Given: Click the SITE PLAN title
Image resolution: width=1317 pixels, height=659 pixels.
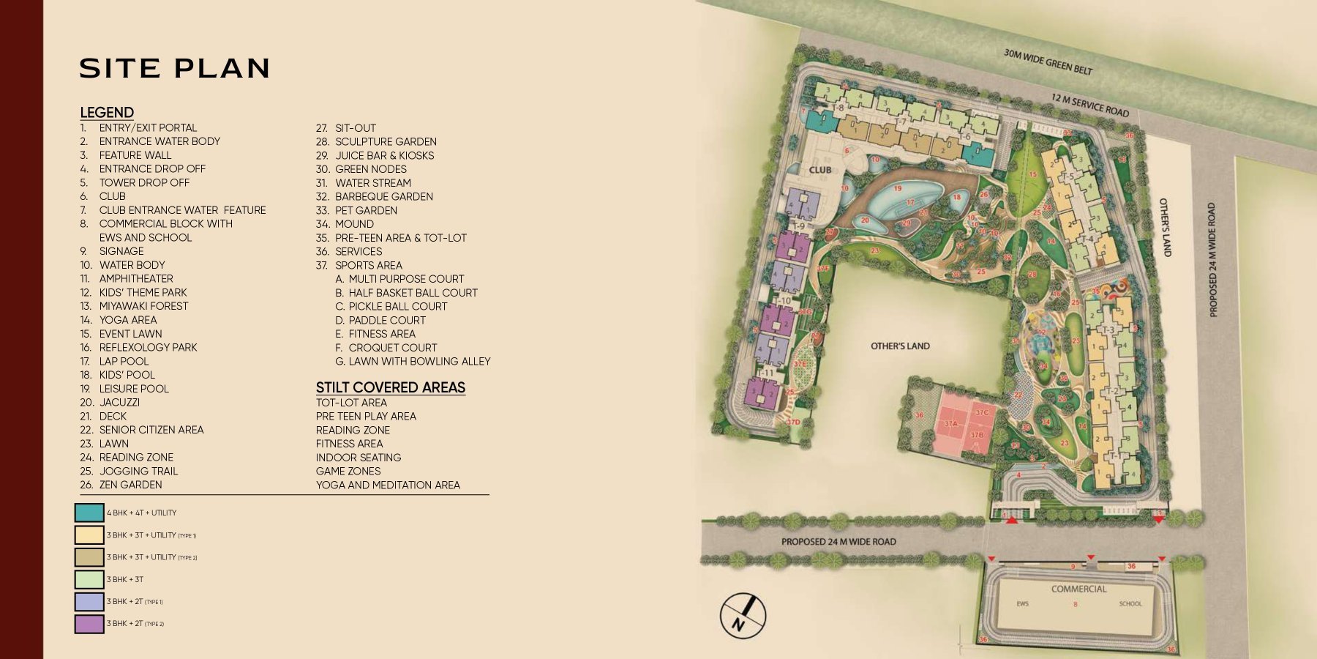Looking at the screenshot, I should (175, 68).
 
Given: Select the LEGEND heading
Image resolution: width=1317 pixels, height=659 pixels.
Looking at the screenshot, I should (107, 113).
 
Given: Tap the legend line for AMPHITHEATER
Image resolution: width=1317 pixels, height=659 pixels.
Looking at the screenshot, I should (136, 279).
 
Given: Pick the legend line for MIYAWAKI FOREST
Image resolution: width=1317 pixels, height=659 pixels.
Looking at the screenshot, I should (143, 306).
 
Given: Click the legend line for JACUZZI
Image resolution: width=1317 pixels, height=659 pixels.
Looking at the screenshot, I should (119, 403).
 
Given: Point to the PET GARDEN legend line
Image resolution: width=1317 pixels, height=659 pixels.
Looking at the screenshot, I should (366, 210).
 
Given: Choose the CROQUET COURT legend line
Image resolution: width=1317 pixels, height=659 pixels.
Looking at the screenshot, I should (392, 348).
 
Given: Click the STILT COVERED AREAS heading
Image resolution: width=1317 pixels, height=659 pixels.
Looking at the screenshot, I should (390, 387).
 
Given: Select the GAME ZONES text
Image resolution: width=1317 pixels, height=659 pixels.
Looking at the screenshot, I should (348, 472).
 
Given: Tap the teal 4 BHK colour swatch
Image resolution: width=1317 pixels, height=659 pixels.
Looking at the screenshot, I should (89, 513).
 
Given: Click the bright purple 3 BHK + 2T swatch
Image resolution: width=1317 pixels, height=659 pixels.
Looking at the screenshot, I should (89, 624).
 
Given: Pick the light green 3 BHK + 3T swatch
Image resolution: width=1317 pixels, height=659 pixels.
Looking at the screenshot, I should (89, 579).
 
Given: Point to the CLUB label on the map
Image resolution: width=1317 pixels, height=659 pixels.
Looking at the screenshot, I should (819, 170).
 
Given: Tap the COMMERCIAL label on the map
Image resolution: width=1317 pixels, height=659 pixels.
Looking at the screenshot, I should (1078, 589).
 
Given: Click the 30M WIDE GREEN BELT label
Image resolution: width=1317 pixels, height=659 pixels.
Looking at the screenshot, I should (1048, 62).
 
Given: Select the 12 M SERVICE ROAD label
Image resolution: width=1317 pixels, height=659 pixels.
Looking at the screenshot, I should (1089, 105).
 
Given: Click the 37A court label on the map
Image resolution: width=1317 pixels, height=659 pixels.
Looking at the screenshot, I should (951, 424).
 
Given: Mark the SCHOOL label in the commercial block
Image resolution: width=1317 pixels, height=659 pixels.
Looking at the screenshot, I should (1130, 604).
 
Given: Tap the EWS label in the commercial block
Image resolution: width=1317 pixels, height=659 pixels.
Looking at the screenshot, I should (1022, 604).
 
